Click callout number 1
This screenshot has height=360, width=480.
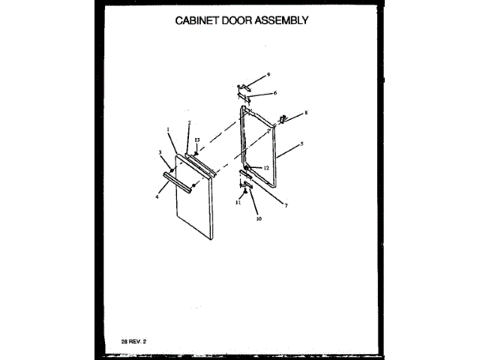[169, 129]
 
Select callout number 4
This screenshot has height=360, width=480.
[157, 196]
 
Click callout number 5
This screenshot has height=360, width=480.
[301, 143]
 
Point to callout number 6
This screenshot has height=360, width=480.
[275, 93]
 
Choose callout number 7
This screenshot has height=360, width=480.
[285, 203]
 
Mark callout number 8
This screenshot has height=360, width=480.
[306, 113]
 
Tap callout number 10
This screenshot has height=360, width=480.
[259, 220]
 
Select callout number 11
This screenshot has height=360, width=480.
[238, 202]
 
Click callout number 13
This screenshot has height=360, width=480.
[197, 140]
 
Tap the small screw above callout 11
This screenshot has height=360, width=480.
[245, 192]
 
